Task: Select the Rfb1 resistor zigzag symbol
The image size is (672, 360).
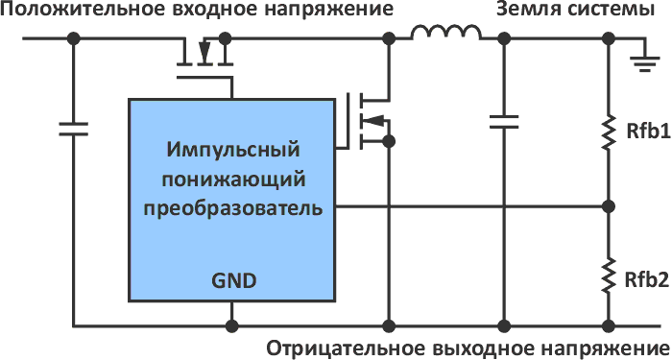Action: click(608, 132)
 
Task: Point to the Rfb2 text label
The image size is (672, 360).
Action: click(646, 280)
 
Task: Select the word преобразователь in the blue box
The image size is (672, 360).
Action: click(233, 208)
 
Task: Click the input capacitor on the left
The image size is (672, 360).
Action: click(73, 128)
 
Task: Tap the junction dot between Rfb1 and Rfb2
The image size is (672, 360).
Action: click(608, 206)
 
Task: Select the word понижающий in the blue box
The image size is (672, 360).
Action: click(233, 180)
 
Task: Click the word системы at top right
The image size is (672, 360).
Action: click(609, 11)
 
